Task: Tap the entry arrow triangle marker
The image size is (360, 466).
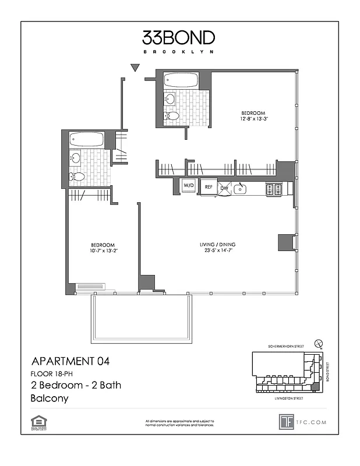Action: click(135, 68)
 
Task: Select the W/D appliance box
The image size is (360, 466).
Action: click(189, 185)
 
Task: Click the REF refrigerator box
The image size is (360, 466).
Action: click(208, 188)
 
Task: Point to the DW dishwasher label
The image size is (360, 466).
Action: click(224, 188)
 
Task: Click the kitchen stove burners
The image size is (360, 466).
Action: click(274, 189)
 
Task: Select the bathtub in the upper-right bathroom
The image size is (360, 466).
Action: click(181, 80)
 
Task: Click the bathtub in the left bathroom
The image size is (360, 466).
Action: click(87, 139)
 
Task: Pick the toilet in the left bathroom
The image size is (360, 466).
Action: click(77, 176)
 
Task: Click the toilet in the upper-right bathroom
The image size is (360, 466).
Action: click(172, 115)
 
